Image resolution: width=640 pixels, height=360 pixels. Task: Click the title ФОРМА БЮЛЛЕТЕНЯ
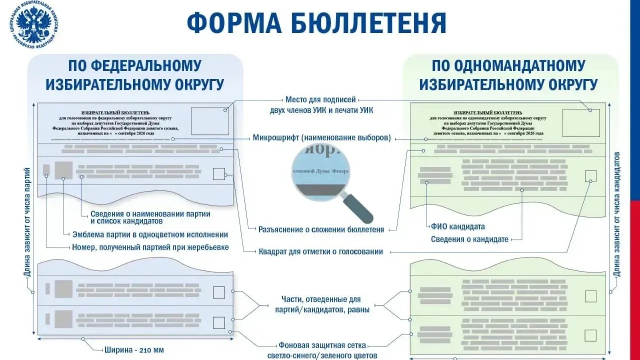(x=316, y=23)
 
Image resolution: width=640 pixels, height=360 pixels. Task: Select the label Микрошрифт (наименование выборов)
(x=322, y=138)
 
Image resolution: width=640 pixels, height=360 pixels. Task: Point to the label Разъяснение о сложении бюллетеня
(x=321, y=230)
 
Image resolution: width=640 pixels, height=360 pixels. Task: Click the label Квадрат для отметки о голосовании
(x=321, y=252)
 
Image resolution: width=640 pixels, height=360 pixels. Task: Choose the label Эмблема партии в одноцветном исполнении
(x=150, y=235)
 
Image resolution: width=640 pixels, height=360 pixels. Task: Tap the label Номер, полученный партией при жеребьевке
(x=150, y=248)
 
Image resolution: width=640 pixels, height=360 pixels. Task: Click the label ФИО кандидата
(x=458, y=227)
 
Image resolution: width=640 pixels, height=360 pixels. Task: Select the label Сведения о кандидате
(x=469, y=240)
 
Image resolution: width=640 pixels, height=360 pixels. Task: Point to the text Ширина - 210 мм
(x=134, y=350)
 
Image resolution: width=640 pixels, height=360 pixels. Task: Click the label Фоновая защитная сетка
(x=322, y=345)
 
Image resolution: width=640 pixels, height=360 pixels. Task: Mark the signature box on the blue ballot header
(x=210, y=121)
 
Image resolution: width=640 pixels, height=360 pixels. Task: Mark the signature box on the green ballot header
(x=581, y=123)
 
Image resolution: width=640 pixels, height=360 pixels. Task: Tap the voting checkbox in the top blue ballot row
(x=219, y=174)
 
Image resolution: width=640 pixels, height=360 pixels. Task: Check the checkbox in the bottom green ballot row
(x=590, y=336)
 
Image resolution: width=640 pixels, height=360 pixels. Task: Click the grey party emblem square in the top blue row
(x=64, y=170)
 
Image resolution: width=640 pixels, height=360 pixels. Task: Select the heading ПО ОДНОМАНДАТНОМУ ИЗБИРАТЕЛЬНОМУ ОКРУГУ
(x=508, y=75)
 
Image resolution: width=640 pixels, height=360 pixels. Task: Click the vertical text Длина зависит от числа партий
(x=27, y=222)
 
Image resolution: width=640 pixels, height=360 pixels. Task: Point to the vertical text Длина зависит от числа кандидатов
(x=617, y=214)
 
